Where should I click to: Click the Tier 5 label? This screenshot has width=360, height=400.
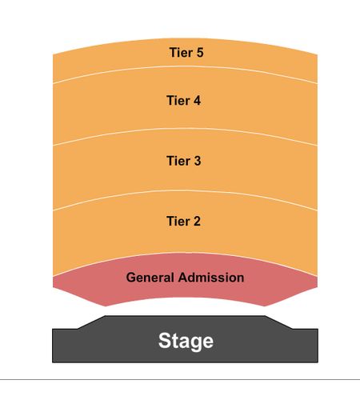(186, 52)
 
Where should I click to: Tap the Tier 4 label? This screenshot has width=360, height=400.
(184, 101)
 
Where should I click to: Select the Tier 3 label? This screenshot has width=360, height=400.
(184, 161)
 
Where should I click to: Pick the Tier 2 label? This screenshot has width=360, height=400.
(184, 221)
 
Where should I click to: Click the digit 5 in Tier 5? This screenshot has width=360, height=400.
(200, 52)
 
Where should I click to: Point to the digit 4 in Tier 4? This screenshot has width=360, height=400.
(197, 101)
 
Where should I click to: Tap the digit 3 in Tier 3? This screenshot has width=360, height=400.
(198, 161)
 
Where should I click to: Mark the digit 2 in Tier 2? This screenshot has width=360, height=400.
(197, 221)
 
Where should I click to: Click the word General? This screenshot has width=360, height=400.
(150, 278)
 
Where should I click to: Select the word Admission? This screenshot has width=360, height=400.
(211, 278)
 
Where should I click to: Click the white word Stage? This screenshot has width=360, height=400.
(186, 341)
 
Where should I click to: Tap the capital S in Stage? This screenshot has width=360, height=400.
(165, 340)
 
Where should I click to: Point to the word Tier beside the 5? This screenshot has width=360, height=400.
(181, 52)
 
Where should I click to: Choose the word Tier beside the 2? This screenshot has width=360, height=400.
(178, 221)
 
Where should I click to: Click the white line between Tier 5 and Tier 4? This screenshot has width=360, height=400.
(185, 66)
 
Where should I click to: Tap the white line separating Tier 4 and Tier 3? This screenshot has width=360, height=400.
(185, 129)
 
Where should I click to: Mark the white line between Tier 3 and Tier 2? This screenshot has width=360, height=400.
(185, 191)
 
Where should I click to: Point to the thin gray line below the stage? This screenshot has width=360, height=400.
(180, 379)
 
